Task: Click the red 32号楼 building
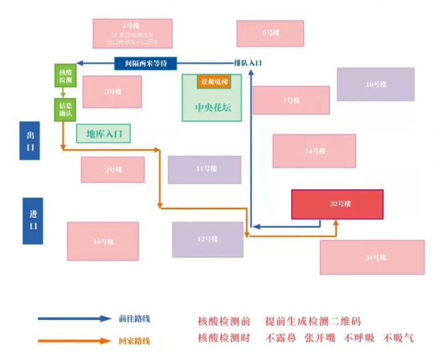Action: click(337, 204)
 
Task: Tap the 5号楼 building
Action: click(270, 33)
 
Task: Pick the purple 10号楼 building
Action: click(375, 84)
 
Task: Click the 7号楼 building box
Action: click(290, 100)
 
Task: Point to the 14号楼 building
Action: click(314, 151)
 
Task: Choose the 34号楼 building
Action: click(372, 257)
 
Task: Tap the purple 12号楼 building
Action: click(208, 239)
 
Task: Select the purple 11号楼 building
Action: click(204, 170)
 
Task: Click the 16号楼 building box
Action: click(103, 241)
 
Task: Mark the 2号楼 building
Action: click(113, 170)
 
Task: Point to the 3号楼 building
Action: click(112, 92)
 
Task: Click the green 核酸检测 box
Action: click(65, 76)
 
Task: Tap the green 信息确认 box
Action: click(65, 110)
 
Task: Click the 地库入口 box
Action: click(103, 134)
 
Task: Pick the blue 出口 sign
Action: click(29, 141)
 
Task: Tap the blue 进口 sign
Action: click(33, 220)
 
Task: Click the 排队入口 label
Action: click(248, 63)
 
